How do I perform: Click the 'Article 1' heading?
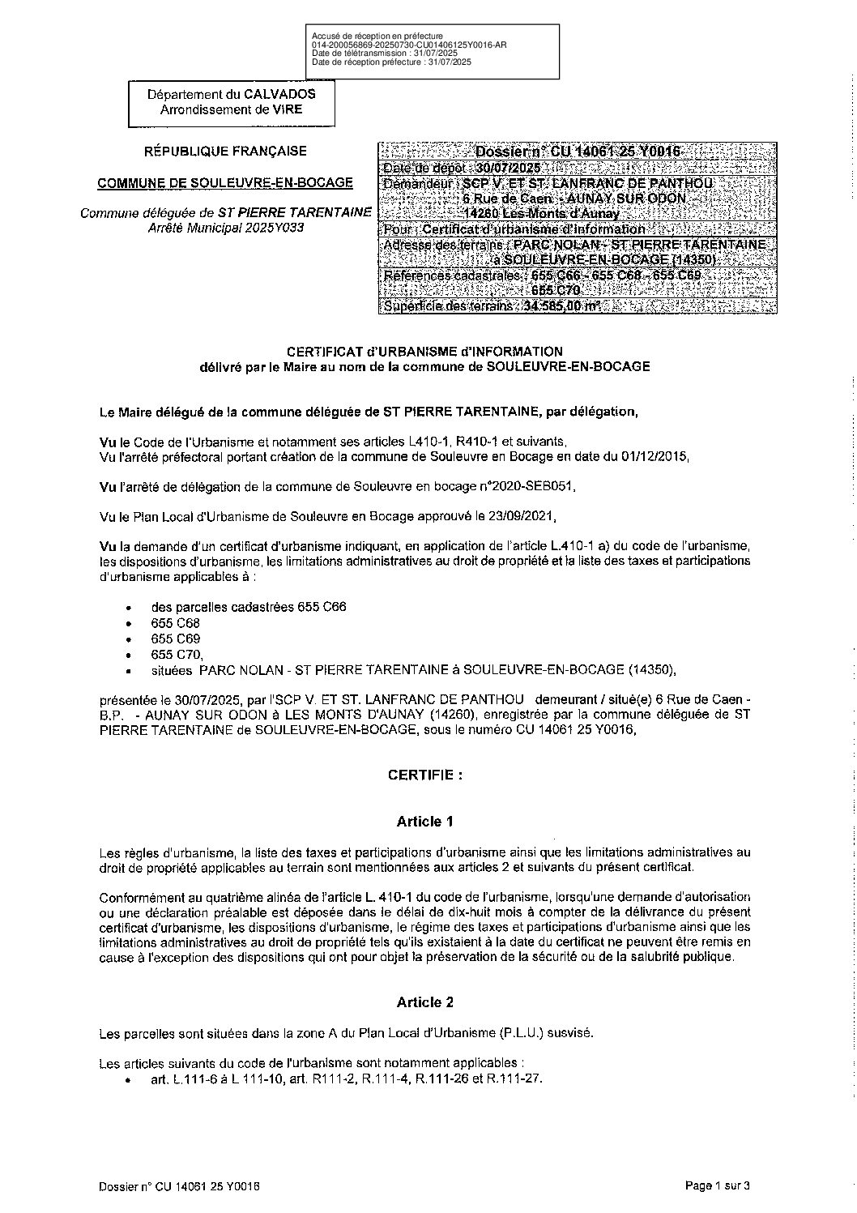click(x=424, y=822)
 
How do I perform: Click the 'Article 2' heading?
click(x=424, y=1002)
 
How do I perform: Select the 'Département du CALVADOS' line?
click(x=232, y=94)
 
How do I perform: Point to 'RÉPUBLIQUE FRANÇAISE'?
click(x=225, y=151)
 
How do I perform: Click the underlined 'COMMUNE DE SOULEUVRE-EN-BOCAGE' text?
click(x=225, y=183)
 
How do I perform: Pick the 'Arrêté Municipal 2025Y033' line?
click(x=225, y=229)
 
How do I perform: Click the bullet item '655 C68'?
click(x=175, y=623)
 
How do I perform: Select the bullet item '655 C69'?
click(x=175, y=639)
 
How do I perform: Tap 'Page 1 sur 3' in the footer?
click(x=718, y=1186)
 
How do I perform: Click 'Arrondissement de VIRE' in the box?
click(x=232, y=109)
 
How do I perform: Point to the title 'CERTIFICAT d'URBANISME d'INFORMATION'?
click(x=424, y=352)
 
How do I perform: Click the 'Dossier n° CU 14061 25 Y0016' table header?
click(x=578, y=152)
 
